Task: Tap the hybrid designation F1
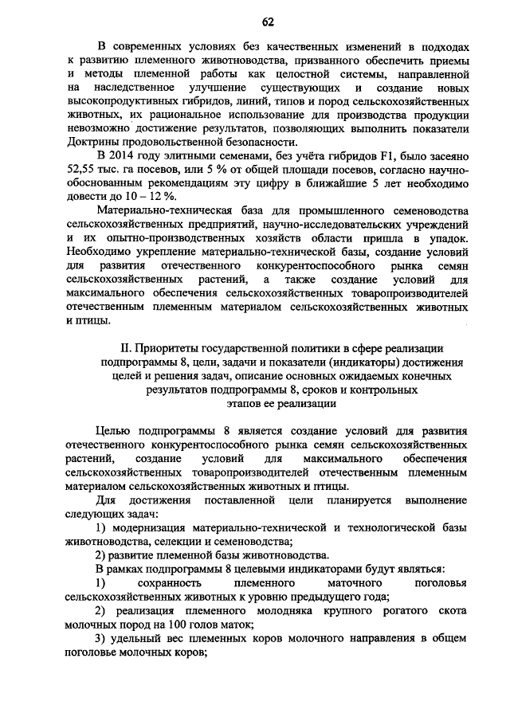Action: pos(379,157)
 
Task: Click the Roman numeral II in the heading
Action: pos(124,348)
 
